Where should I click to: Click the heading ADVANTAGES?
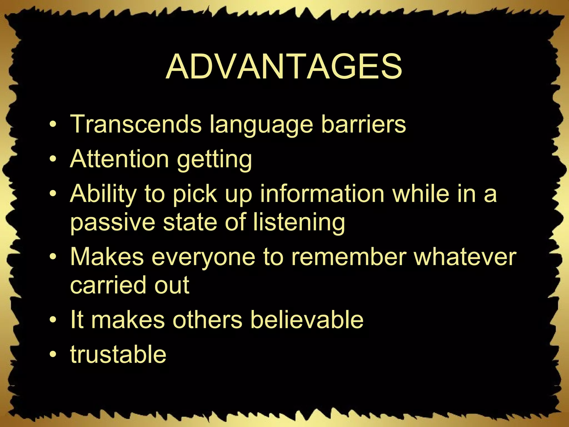[284, 67]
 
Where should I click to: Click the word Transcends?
[136, 124]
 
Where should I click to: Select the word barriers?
[363, 124]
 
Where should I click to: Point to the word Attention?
[119, 159]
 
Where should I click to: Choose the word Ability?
[103, 194]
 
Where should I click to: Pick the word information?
[322, 193]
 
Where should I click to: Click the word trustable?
[118, 354]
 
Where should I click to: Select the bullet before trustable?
[53, 355]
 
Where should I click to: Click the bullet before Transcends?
[53, 125]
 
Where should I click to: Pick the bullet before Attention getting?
[53, 160]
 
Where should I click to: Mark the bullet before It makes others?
[53, 320]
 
